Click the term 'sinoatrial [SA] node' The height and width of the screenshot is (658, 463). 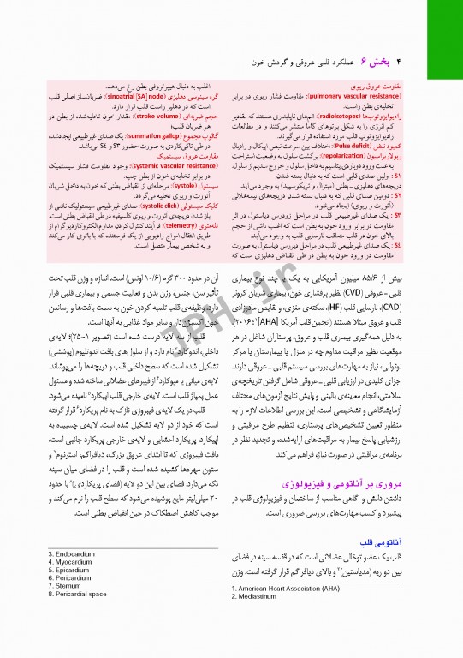coord(149,99)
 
